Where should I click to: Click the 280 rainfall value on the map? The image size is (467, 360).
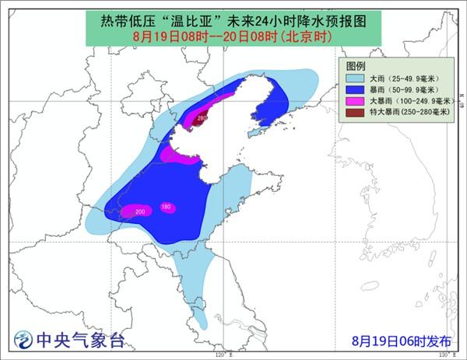[202, 118]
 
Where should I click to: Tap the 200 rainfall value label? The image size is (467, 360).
[140, 211]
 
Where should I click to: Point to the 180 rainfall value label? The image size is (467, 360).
[166, 206]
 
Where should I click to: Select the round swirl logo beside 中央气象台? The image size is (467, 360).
[24, 340]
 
